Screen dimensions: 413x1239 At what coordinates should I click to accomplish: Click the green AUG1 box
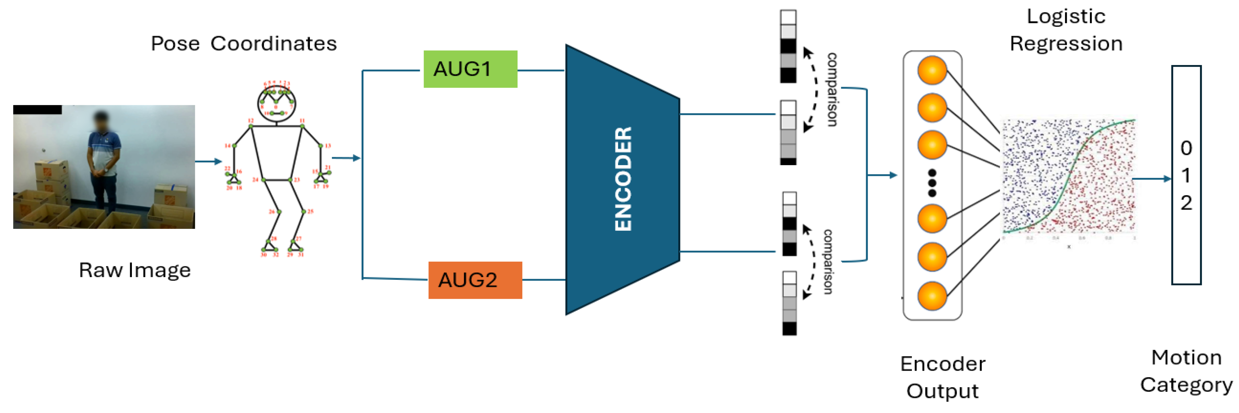470,69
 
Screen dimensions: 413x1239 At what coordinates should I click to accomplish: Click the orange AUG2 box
475,280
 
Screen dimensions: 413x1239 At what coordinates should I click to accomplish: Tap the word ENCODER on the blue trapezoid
623,179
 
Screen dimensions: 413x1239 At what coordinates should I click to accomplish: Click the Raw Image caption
135,270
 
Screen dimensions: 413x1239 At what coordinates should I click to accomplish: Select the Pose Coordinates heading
243,43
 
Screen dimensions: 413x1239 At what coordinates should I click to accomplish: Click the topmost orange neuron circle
931,70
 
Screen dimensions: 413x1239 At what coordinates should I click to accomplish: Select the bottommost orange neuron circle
931,296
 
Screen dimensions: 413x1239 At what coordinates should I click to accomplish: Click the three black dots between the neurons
931,183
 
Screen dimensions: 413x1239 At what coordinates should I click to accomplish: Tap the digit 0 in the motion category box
1186,148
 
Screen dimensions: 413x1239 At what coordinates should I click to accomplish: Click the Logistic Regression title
1065,30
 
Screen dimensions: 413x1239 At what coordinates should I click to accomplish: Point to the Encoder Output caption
942,378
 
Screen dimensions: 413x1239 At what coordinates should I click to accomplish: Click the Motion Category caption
1186,371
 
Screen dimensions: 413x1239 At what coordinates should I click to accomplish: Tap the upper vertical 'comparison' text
832,89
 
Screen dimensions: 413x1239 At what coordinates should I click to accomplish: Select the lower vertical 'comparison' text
828,262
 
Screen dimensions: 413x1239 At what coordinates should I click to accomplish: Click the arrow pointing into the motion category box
1152,179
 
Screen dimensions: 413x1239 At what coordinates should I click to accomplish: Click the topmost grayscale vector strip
788,47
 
